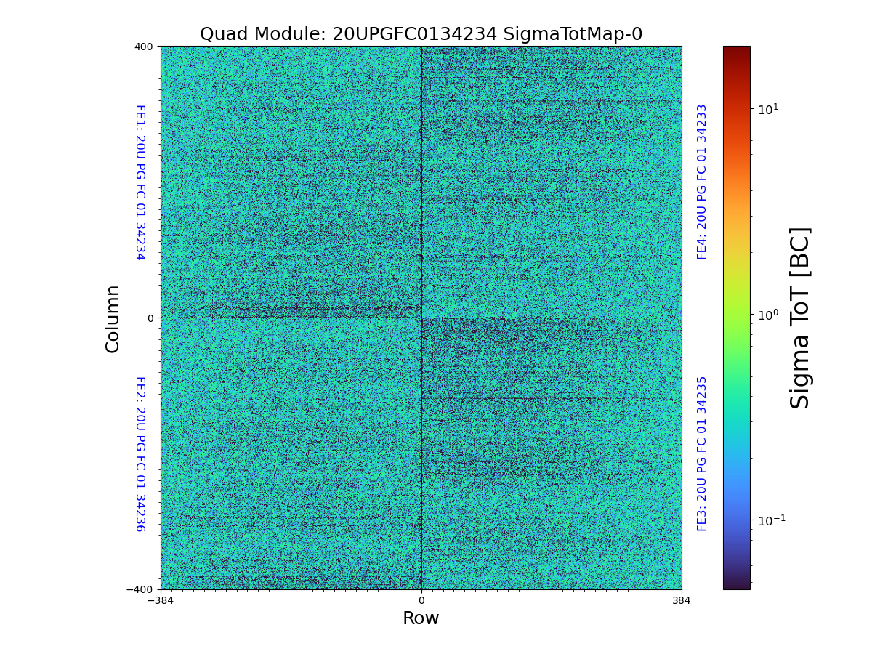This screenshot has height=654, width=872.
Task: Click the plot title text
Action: (x=421, y=34)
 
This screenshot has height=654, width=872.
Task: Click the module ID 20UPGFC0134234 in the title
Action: (x=414, y=34)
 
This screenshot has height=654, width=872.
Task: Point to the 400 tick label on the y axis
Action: (x=144, y=47)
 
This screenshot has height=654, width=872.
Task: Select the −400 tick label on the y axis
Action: (x=141, y=589)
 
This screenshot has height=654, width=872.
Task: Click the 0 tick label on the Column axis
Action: (x=150, y=318)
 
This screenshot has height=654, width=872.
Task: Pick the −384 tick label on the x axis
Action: (x=161, y=600)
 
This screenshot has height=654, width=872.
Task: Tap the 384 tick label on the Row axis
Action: (x=682, y=600)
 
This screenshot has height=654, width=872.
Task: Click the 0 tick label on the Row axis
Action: (x=421, y=600)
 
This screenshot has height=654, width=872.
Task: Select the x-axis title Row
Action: (x=421, y=618)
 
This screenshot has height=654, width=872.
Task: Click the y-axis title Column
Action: (x=113, y=318)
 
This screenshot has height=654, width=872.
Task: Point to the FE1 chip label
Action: (x=140, y=182)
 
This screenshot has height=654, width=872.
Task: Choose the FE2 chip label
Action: (x=140, y=453)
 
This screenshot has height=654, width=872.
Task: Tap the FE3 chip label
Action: (x=702, y=453)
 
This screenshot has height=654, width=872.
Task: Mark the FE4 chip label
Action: (x=702, y=182)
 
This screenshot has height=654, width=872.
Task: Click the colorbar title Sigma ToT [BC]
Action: (x=800, y=318)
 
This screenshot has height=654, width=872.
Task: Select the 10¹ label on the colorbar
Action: (x=768, y=109)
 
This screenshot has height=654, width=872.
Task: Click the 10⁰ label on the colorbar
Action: (x=768, y=315)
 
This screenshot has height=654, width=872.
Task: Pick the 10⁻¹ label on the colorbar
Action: (x=771, y=520)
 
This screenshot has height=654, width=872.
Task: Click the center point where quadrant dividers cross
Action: (x=421, y=318)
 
